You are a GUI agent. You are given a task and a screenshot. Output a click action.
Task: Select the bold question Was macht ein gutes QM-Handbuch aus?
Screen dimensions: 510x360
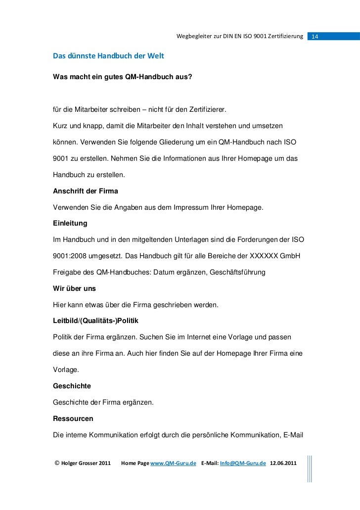pos(123,77)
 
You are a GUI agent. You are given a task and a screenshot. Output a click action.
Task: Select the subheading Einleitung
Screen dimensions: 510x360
pos(70,224)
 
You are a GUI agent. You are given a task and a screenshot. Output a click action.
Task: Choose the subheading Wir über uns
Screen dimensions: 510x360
pos(74,288)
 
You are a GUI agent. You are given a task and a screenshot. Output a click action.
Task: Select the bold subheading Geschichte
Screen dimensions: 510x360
pos(72,384)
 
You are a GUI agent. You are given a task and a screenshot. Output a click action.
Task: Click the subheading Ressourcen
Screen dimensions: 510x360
pos(73,418)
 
